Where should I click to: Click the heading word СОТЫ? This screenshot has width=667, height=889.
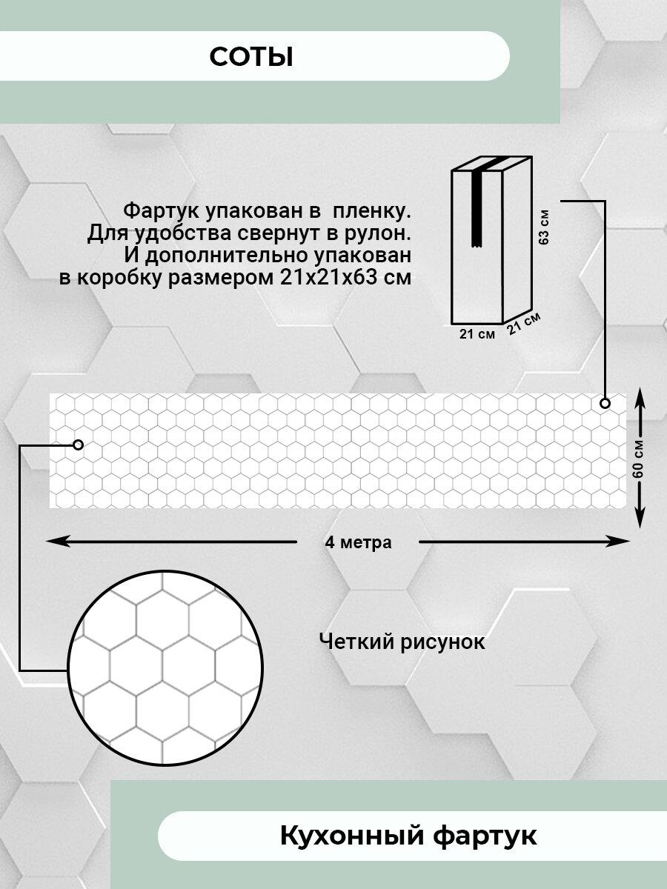[251, 57]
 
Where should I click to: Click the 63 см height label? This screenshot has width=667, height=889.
[545, 228]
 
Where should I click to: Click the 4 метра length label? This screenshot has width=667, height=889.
[358, 542]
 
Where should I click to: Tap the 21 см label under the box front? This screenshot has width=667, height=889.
[477, 334]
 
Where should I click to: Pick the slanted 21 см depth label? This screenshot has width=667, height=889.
[523, 323]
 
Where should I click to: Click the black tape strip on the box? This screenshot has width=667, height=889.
[478, 207]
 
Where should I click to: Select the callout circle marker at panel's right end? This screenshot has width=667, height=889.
[605, 403]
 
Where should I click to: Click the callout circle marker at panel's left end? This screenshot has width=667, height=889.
[77, 444]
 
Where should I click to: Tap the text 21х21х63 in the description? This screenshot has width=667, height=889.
[341, 278]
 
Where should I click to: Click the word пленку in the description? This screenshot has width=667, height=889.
[376, 212]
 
